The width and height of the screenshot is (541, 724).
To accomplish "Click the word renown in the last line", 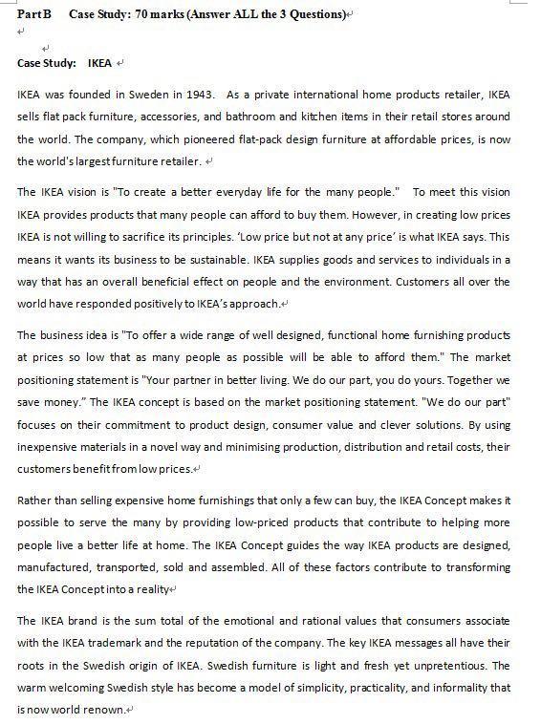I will pyautogui.click(x=105, y=711).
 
